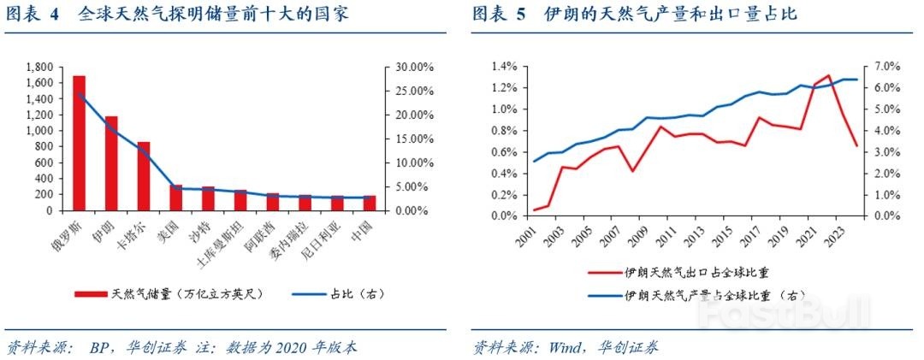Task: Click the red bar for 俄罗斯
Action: [79, 143]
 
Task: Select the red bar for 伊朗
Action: [111, 163]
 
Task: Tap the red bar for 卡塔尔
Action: [144, 176]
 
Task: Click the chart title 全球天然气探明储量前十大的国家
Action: [213, 15]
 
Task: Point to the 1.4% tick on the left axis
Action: [502, 67]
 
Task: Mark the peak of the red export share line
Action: [828, 75]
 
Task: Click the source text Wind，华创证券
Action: [599, 347]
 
